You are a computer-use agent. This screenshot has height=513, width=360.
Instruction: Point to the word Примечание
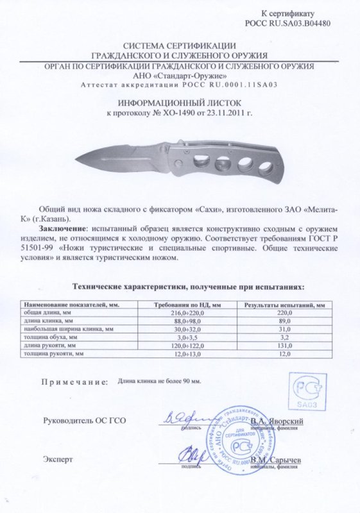click(x=73, y=382)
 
